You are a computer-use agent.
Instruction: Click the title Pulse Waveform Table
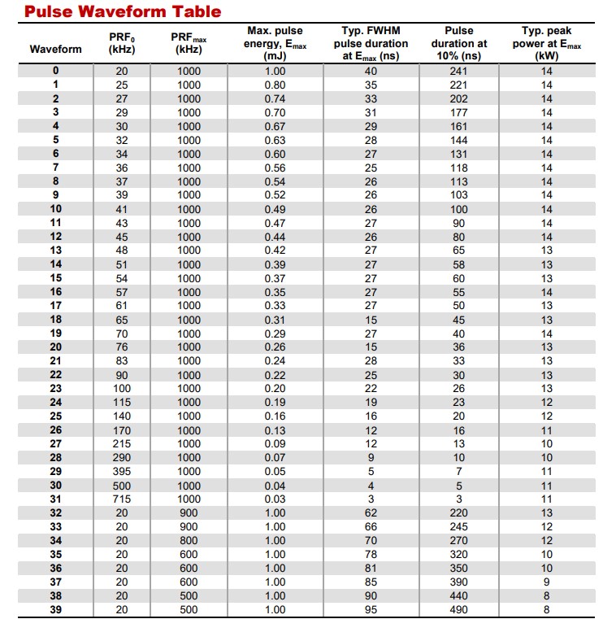click(111, 11)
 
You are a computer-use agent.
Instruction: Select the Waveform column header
click(55, 49)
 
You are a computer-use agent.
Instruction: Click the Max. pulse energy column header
click(275, 43)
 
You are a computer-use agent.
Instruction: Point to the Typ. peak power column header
click(546, 43)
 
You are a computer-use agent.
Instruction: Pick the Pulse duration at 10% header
click(459, 43)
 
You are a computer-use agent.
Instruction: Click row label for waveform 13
click(55, 250)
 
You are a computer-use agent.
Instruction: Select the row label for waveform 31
click(55, 499)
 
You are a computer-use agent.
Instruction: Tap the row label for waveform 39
click(55, 609)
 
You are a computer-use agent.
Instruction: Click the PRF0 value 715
click(122, 499)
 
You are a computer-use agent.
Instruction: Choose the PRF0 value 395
click(122, 471)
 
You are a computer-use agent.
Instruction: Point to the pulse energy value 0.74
click(275, 98)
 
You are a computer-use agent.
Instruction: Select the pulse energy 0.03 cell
click(275, 499)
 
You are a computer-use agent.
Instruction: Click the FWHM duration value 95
click(371, 609)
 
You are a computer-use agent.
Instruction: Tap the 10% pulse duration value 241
click(459, 71)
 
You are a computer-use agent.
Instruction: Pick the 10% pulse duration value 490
click(459, 609)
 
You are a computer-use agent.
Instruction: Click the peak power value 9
click(546, 582)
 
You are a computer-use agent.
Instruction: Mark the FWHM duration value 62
click(371, 512)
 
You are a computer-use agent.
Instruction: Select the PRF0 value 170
click(122, 429)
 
